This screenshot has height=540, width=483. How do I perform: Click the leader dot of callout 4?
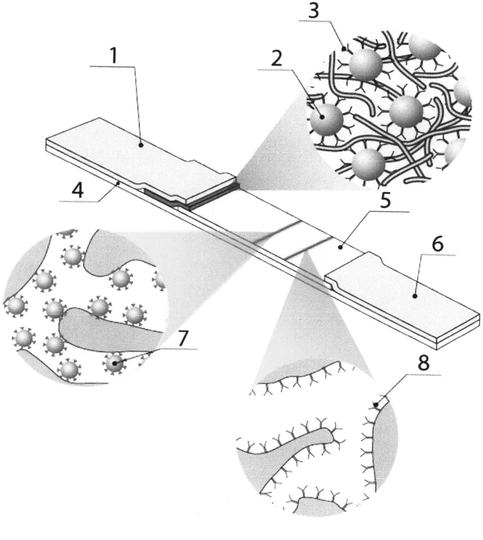(x=120, y=183)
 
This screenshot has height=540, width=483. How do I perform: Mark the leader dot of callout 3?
(x=344, y=49)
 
